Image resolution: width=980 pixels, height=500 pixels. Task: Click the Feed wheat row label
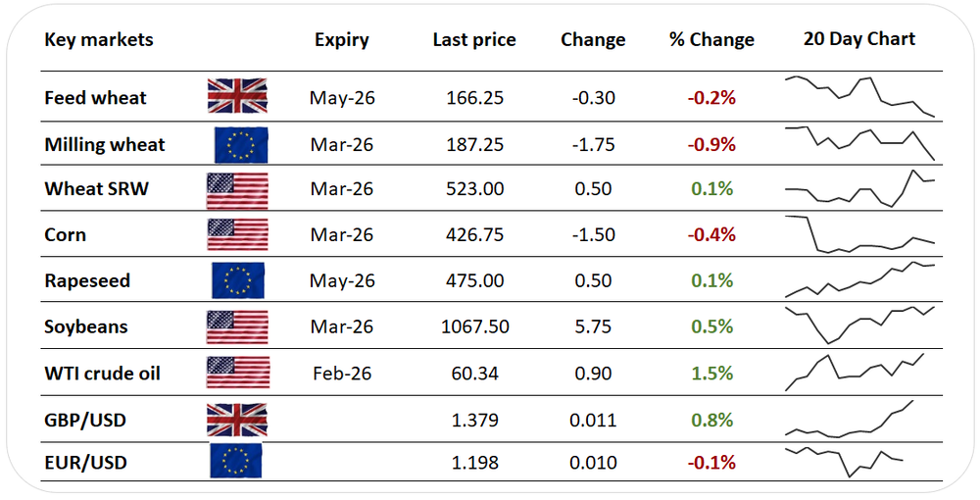pyautogui.click(x=95, y=98)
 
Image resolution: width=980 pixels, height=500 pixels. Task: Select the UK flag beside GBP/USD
pyautogui.click(x=236, y=421)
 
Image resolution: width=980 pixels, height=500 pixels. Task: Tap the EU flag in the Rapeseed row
pyautogui.click(x=238, y=280)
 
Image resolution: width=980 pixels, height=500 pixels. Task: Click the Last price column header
pyautogui.click(x=474, y=40)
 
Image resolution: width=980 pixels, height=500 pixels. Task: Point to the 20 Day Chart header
pyautogui.click(x=858, y=39)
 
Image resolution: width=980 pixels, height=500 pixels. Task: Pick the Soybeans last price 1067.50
pyautogui.click(x=474, y=326)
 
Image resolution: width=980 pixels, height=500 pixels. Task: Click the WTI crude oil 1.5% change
pyautogui.click(x=711, y=374)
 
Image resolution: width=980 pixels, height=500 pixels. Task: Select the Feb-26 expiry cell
pyautogui.click(x=341, y=374)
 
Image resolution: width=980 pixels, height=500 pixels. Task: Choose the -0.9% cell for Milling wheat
pyautogui.click(x=711, y=144)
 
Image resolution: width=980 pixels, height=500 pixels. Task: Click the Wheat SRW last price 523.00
pyautogui.click(x=474, y=189)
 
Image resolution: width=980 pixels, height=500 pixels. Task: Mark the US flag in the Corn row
pyautogui.click(x=237, y=235)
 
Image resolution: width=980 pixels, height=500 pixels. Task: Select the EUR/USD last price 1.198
pyautogui.click(x=474, y=462)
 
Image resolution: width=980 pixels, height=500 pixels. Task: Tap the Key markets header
pyautogui.click(x=99, y=40)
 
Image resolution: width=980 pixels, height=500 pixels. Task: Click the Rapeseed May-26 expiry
pyautogui.click(x=341, y=280)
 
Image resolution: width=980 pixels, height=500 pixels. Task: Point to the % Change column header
pyautogui.click(x=711, y=40)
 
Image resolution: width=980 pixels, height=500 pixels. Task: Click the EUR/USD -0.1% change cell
pyautogui.click(x=711, y=462)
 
